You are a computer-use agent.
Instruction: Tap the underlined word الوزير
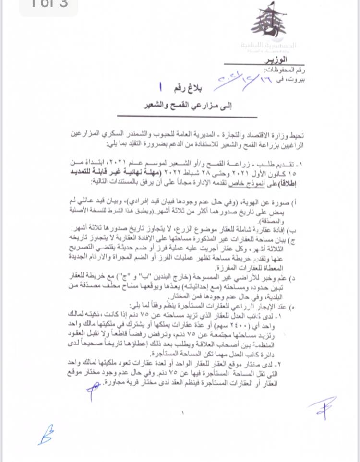click(x=277, y=59)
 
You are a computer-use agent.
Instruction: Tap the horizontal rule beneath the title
click(x=187, y=117)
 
